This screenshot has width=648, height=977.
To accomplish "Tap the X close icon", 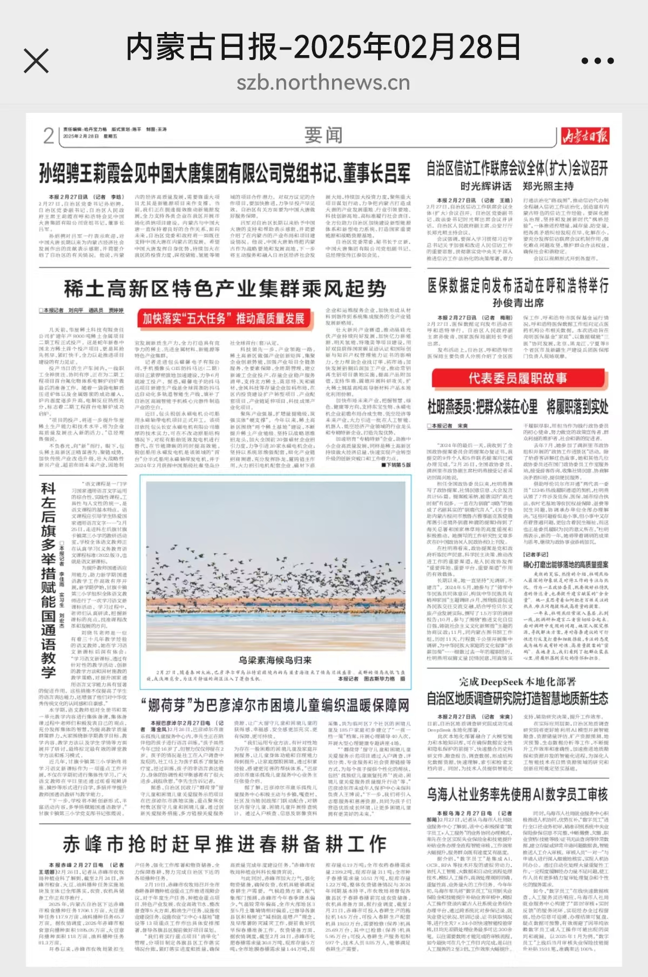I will click(x=36, y=60).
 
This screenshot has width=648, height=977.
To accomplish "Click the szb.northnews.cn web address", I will click(x=323, y=83).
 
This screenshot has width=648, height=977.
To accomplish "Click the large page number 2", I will click(x=49, y=136).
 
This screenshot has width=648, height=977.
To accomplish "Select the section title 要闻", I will click(x=323, y=135).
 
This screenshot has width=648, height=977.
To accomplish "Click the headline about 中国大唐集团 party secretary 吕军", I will click(x=224, y=174).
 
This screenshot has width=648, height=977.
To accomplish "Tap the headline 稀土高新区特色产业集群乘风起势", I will click(x=225, y=288).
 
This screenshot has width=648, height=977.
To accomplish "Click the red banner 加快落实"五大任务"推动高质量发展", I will click(x=224, y=319).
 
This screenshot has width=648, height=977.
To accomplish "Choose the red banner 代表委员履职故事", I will click(x=517, y=378).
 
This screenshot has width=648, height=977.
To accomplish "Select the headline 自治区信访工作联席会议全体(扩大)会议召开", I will click(x=517, y=168).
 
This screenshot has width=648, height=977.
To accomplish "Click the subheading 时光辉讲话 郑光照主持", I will click(x=517, y=186).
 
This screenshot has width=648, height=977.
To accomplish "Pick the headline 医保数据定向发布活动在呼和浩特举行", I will click(x=518, y=285).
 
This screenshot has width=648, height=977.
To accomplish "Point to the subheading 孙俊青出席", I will click(x=518, y=303).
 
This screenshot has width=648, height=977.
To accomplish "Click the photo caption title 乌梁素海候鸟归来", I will click(x=275, y=660).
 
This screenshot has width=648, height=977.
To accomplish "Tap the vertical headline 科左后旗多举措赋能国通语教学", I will click(x=48, y=580).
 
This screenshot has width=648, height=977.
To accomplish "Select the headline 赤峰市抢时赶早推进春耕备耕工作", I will click(x=224, y=844).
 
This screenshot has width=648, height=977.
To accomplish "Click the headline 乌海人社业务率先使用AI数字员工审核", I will click(x=517, y=794).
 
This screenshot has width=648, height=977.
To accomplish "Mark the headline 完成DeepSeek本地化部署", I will click(x=517, y=682).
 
